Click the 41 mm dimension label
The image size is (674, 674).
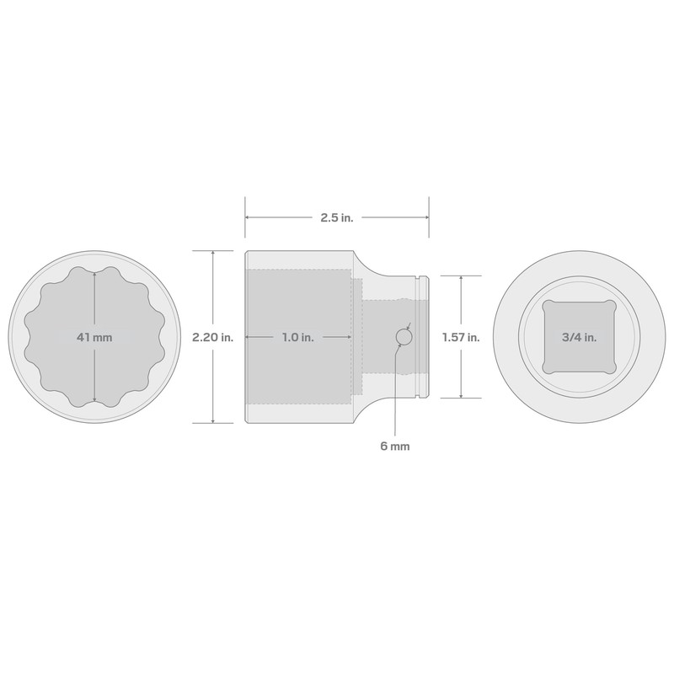pyautogui.click(x=94, y=337)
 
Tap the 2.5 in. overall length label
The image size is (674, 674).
pyautogui.click(x=336, y=217)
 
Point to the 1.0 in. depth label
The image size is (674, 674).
pyautogui.click(x=297, y=337)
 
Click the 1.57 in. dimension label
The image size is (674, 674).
pyautogui.click(x=462, y=337)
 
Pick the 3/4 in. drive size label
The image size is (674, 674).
pyautogui.click(x=579, y=337)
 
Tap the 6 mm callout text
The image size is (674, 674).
pyautogui.click(x=394, y=447)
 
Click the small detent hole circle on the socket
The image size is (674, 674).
pyautogui.click(x=404, y=337)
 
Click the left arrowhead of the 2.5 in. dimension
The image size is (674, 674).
pyautogui.click(x=248, y=217)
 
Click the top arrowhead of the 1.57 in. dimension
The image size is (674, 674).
pyautogui.click(x=461, y=278)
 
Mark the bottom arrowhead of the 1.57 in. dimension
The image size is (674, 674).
pyautogui.click(x=461, y=395)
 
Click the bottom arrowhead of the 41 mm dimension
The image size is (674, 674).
pyautogui.click(x=94, y=400)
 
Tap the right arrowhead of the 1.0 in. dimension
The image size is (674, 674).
pyautogui.click(x=348, y=337)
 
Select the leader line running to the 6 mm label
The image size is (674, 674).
pyautogui.click(x=394, y=396)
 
